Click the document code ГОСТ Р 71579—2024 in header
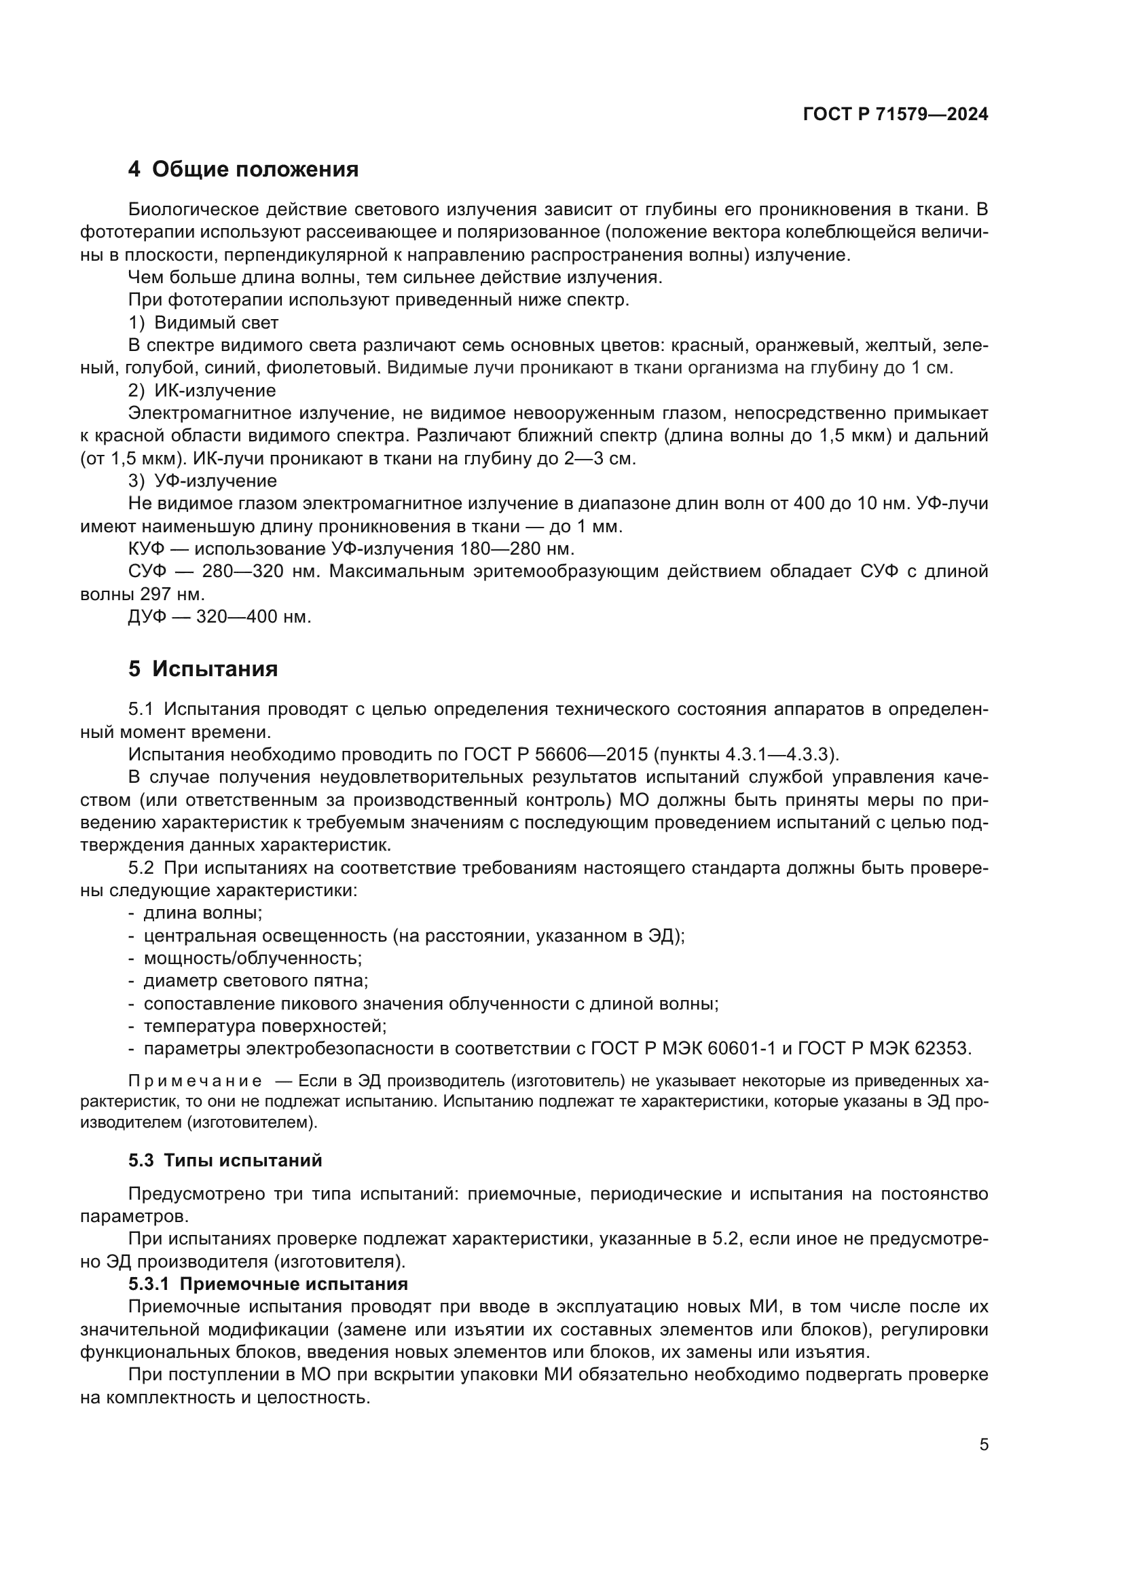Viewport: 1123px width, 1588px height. pos(896,115)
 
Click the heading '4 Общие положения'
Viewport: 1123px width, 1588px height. pos(244,170)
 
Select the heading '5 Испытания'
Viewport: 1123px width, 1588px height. pos(203,669)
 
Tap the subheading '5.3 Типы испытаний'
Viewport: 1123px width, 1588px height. pos(225,1160)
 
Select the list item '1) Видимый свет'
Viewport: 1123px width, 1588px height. pos(203,323)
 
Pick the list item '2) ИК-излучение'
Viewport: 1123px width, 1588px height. pos(202,391)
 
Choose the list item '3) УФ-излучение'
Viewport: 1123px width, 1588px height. pos(202,481)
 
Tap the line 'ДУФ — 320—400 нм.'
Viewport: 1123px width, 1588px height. pos(220,616)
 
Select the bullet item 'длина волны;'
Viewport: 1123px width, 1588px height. pos(202,913)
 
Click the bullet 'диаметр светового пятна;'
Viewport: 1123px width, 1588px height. pos(255,981)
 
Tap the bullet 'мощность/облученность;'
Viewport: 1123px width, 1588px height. pos(253,958)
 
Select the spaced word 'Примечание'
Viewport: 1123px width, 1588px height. pos(195,1081)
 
